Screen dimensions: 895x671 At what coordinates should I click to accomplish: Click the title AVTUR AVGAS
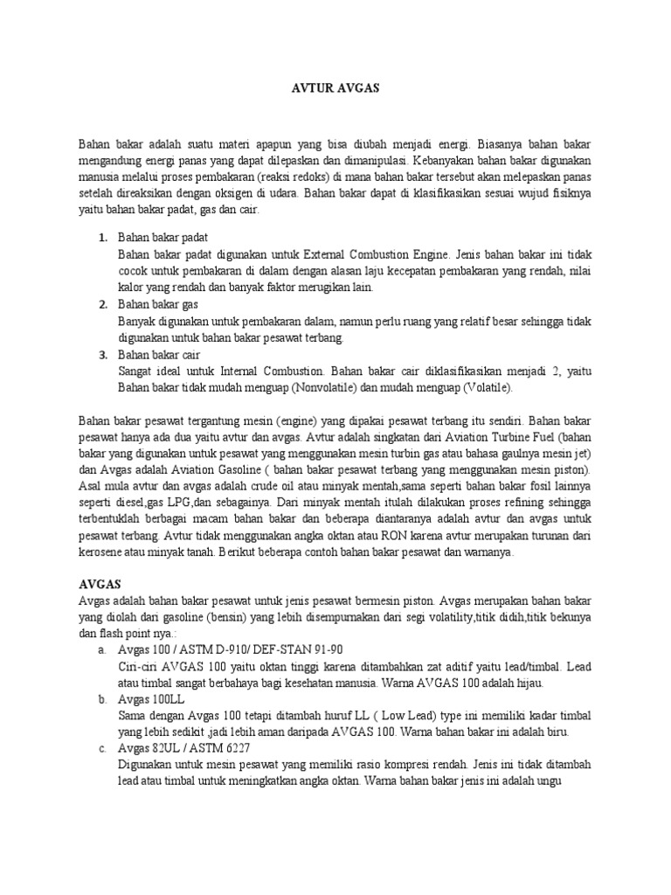coord(335,89)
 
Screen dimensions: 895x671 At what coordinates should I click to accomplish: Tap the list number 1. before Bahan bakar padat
coord(103,238)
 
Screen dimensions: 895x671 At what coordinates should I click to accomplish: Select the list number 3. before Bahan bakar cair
coord(103,355)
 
